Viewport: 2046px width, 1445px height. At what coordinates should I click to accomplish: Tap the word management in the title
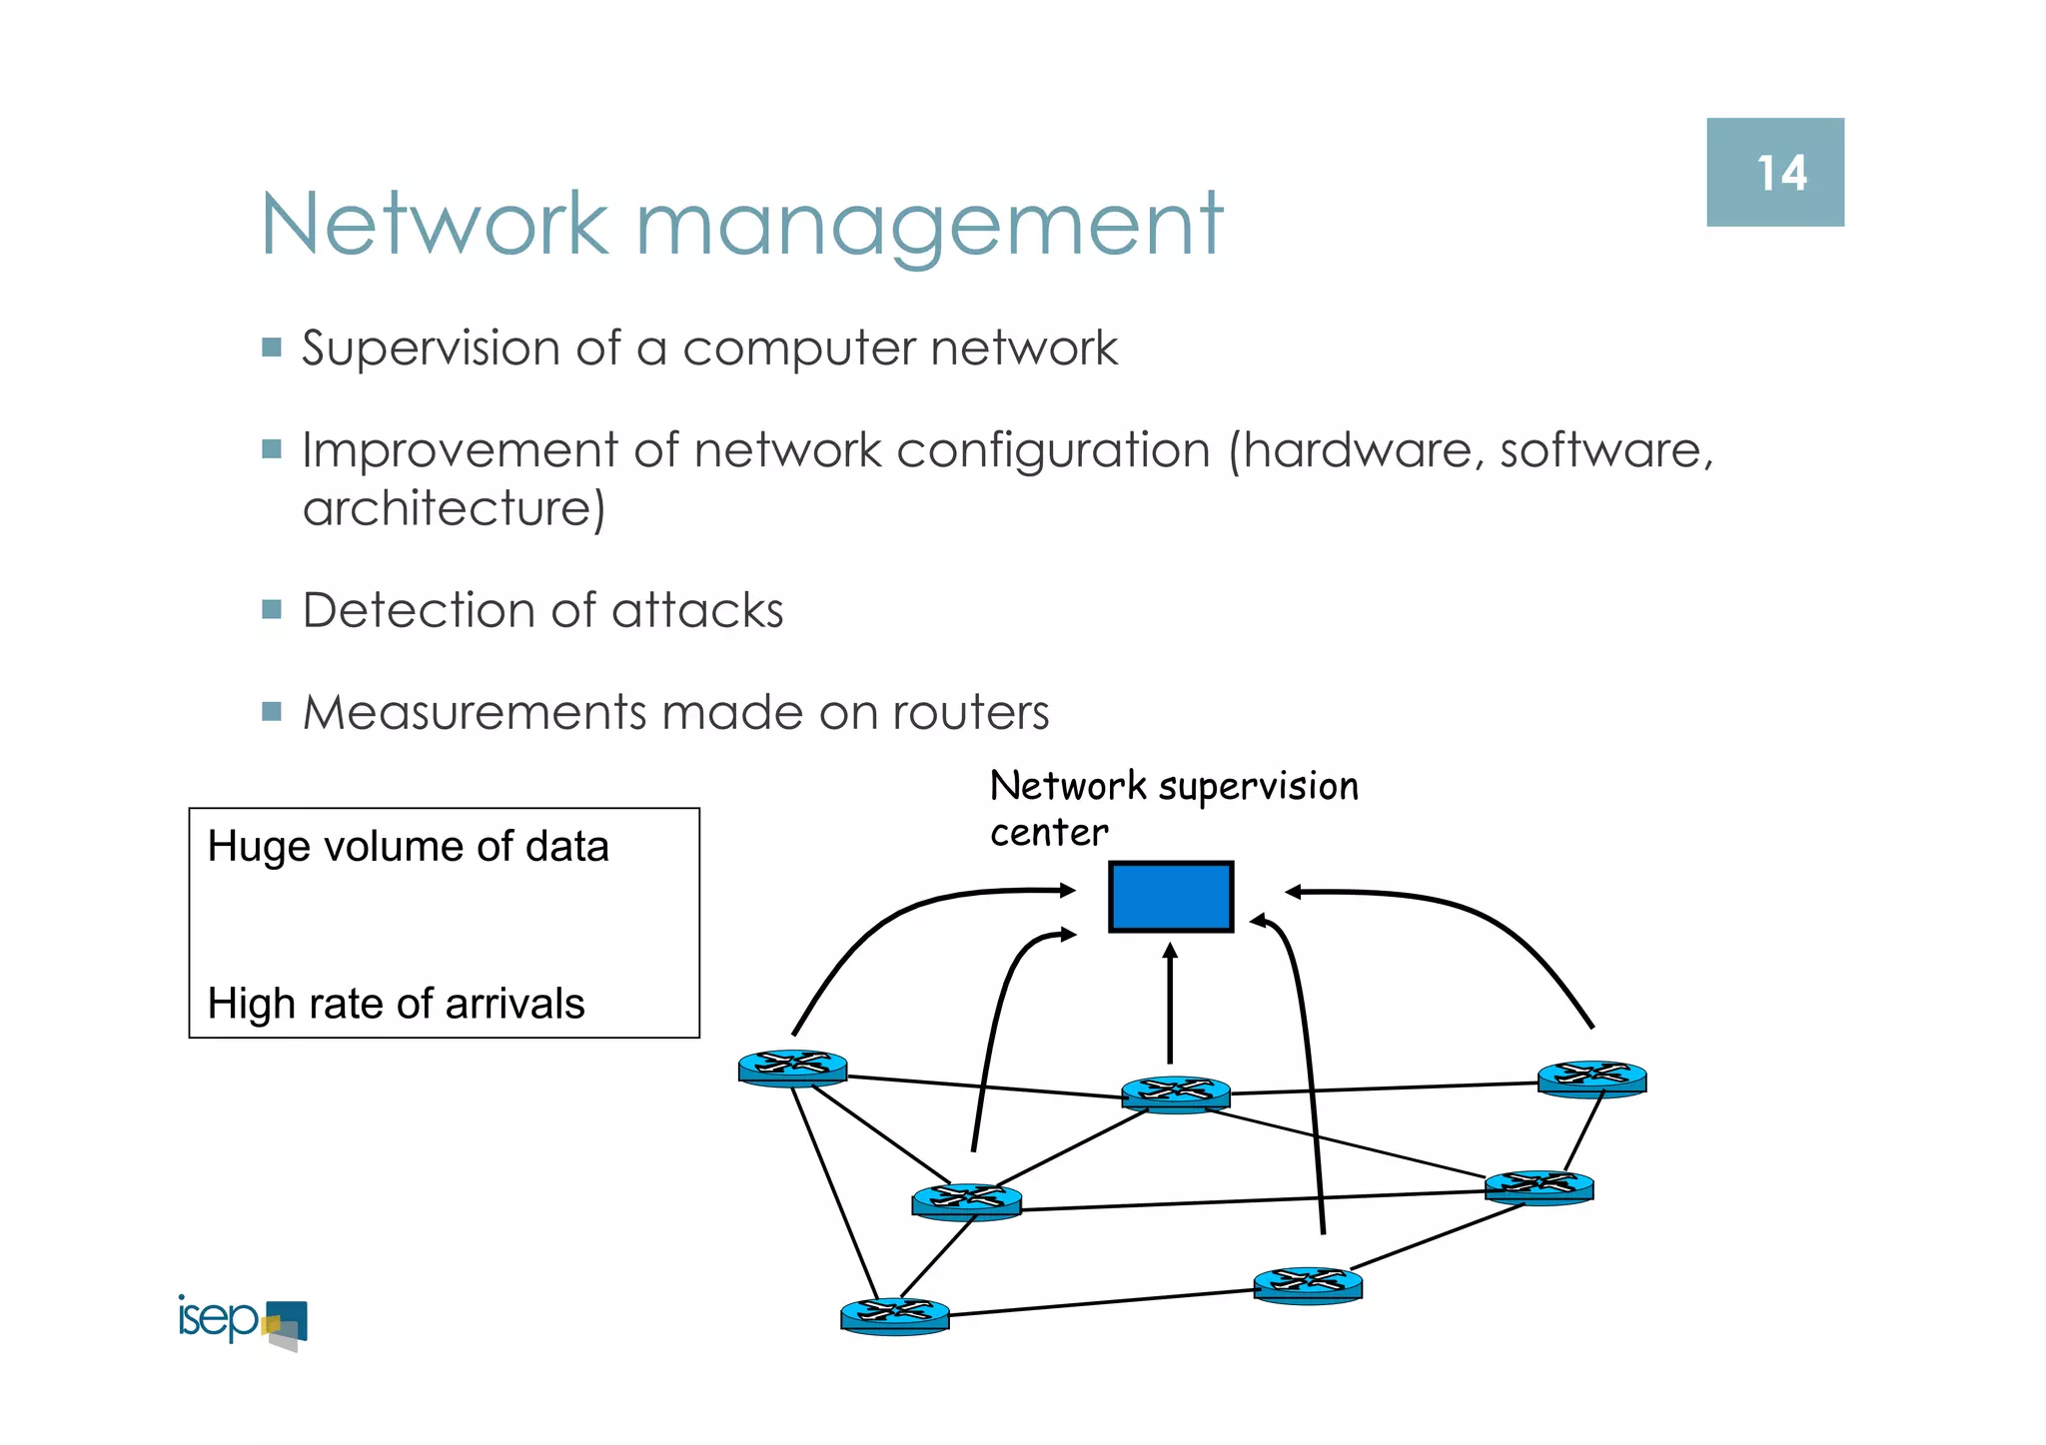[928, 226]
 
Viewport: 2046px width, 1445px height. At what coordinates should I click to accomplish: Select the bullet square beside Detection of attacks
[272, 609]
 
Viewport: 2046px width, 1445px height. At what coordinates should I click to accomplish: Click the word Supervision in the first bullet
[431, 350]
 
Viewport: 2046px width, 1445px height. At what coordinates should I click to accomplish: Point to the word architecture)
[454, 508]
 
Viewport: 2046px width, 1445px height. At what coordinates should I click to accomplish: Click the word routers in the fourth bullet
[970, 713]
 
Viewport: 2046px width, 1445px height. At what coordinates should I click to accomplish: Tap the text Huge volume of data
[408, 847]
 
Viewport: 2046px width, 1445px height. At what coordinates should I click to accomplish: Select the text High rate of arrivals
[396, 1004]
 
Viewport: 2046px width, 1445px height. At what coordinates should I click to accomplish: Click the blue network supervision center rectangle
[1171, 897]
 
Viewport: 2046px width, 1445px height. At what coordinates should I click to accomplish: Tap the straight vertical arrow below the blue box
[1170, 1003]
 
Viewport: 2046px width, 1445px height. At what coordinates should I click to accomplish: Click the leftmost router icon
[792, 1068]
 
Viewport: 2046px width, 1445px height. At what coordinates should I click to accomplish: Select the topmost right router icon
[1591, 1079]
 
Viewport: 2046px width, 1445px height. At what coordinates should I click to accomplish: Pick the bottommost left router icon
[894, 1315]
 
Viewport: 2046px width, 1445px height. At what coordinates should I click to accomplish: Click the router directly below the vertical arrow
[1175, 1093]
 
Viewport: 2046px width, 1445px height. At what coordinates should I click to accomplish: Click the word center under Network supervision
[1048, 833]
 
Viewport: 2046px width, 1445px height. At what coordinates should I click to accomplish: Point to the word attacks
[697, 610]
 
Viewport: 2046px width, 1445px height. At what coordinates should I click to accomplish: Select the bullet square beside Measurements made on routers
[272, 712]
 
